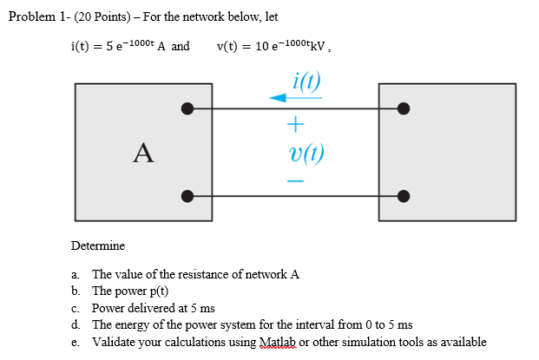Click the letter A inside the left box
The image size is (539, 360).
(x=143, y=154)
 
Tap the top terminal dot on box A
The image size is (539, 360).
(x=187, y=109)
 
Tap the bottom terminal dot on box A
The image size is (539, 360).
(x=187, y=195)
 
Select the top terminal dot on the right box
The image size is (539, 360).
(x=403, y=109)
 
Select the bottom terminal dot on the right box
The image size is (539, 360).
(x=403, y=195)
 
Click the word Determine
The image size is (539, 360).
(x=98, y=246)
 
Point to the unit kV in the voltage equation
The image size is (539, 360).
(x=316, y=46)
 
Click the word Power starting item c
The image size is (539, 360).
(x=109, y=308)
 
